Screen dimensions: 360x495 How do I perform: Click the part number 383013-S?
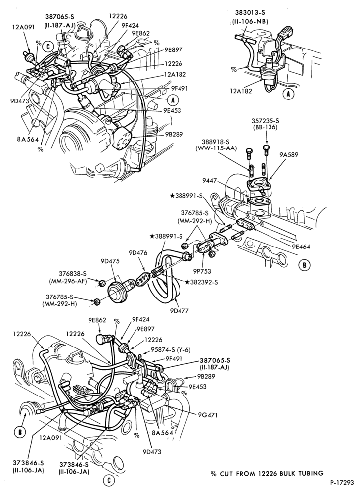[x=250, y=13]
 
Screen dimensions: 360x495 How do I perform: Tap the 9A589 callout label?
[x=288, y=154]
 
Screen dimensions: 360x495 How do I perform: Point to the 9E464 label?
[x=301, y=247]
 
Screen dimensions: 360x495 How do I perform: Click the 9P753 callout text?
[x=202, y=271]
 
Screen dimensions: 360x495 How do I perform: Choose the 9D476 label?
[x=138, y=253]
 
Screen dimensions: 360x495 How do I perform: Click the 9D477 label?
[x=179, y=311]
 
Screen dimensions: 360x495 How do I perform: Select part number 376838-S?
[x=73, y=274]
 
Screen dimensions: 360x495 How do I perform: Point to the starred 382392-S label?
[x=201, y=282]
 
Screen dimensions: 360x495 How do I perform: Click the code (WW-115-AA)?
[x=216, y=148]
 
